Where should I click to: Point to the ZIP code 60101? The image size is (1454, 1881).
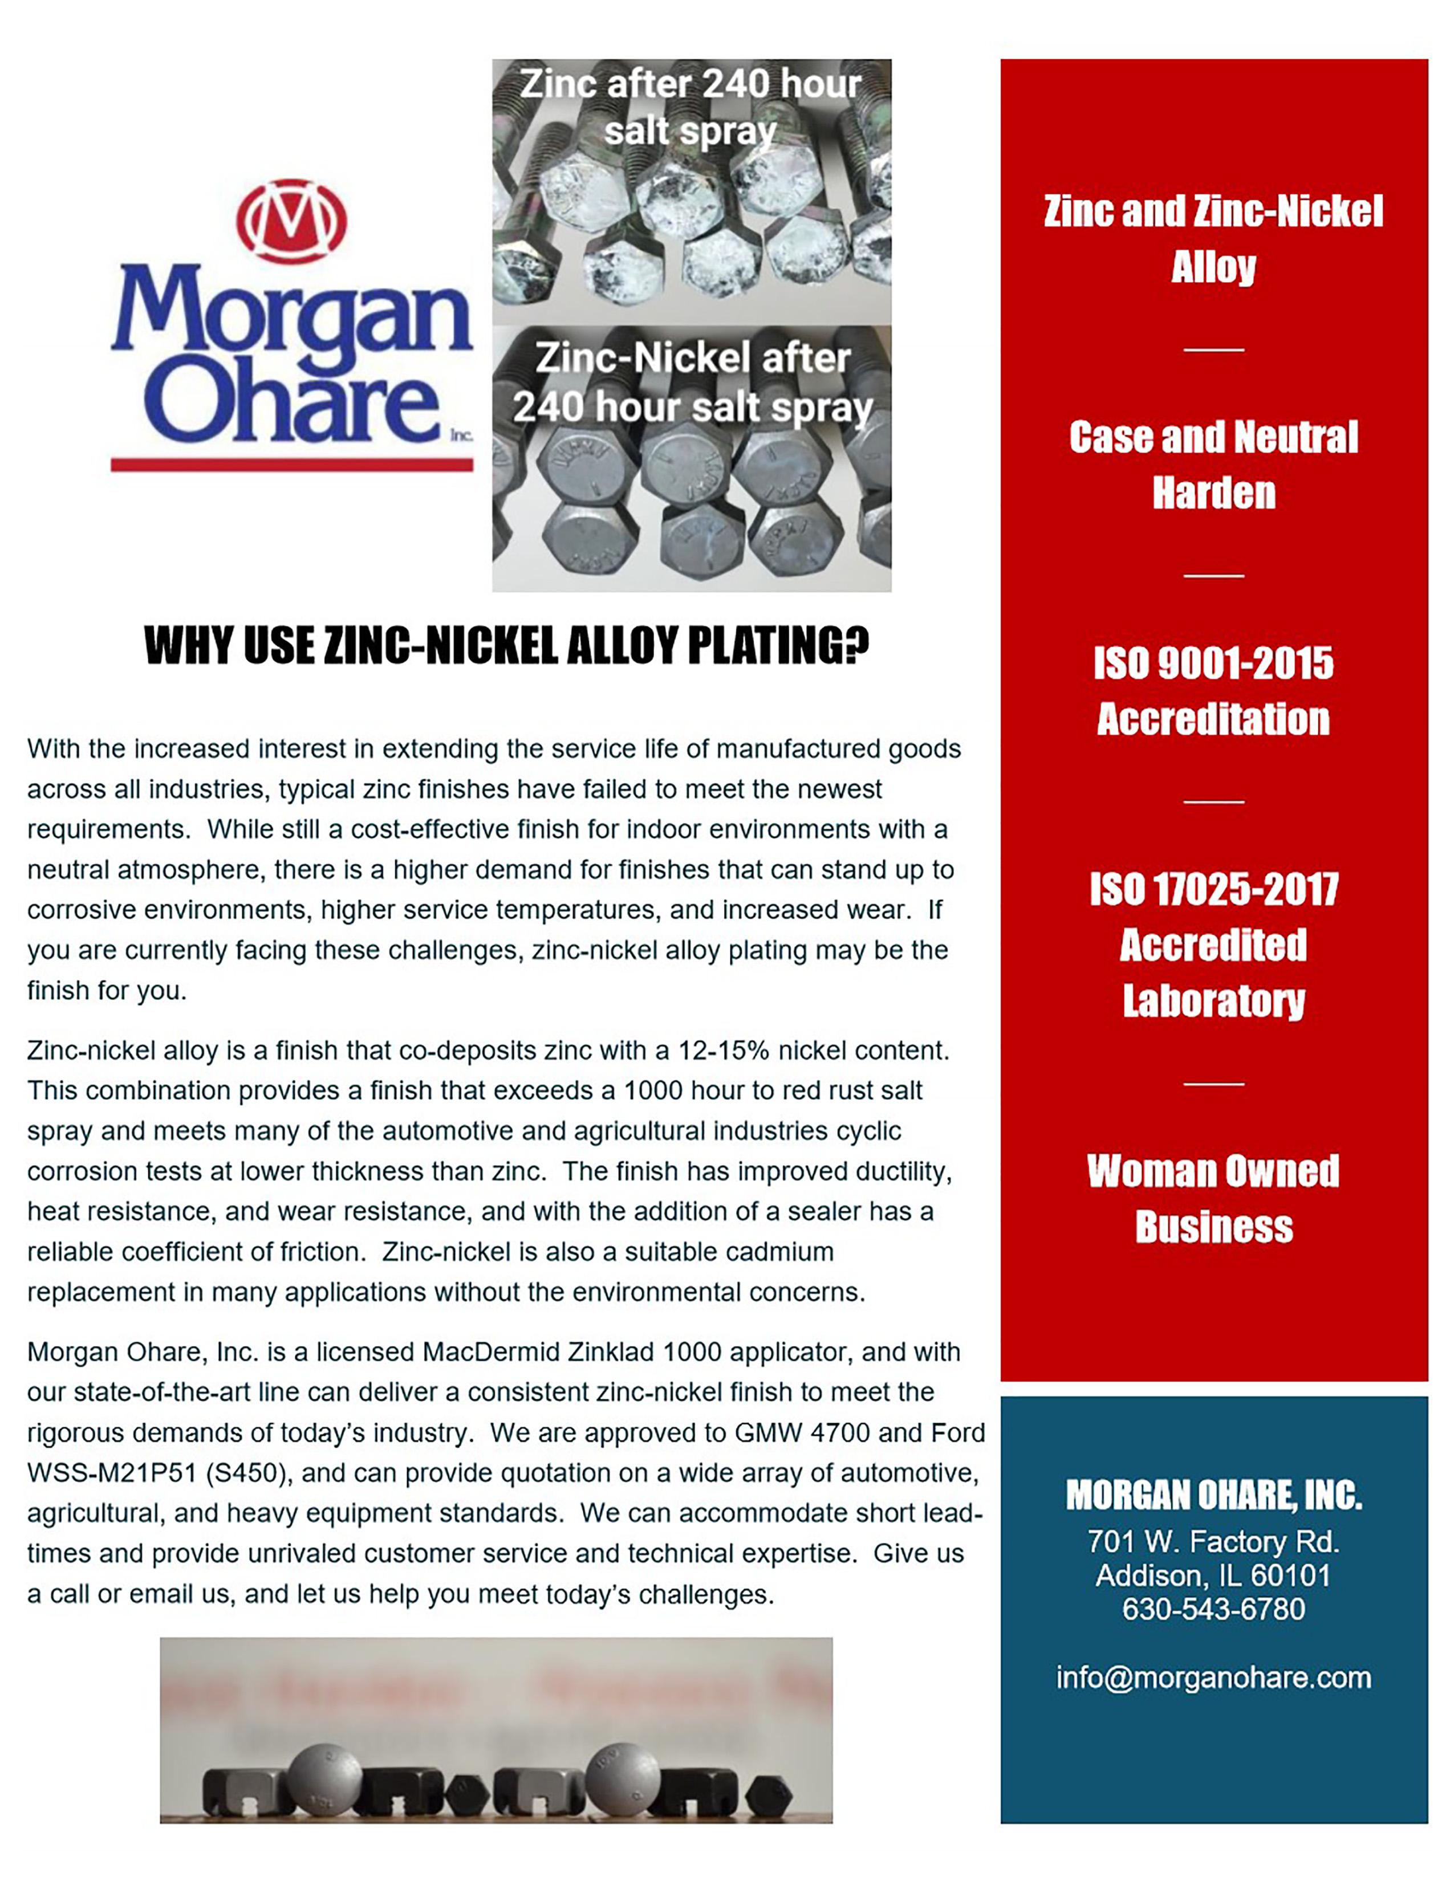tap(1290, 1575)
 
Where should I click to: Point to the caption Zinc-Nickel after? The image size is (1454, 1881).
tap(693, 359)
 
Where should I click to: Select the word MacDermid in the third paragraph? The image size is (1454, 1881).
tap(490, 1352)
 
